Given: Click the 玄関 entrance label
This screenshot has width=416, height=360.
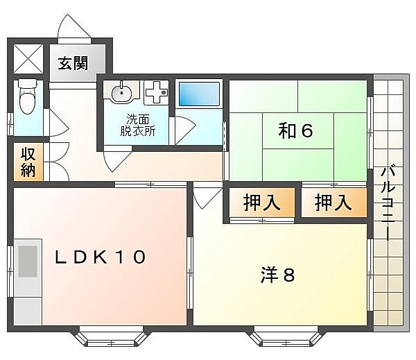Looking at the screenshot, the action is pyautogui.click(x=73, y=63).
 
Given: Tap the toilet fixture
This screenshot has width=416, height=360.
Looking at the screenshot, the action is pyautogui.click(x=27, y=96).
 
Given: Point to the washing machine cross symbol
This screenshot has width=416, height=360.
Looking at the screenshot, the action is pyautogui.click(x=156, y=93).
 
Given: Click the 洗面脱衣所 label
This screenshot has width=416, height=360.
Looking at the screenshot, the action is pyautogui.click(x=138, y=125).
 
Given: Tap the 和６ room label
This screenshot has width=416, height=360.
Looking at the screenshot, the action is pyautogui.click(x=295, y=130).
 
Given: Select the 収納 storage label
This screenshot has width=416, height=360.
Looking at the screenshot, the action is pyautogui.click(x=28, y=162).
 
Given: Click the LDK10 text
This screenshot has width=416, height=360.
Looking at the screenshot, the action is pyautogui.click(x=101, y=257).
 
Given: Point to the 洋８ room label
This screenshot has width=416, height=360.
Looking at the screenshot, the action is pyautogui.click(x=277, y=275).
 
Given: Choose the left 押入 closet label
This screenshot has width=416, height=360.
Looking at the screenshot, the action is pyautogui.click(x=261, y=203).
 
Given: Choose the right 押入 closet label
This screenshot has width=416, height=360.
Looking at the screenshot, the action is pyautogui.click(x=333, y=203).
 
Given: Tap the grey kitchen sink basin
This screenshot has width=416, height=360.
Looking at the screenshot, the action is pyautogui.click(x=28, y=262).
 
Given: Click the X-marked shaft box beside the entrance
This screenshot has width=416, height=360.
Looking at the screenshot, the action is pyautogui.click(x=28, y=59).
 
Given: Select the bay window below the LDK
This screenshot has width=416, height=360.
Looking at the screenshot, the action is pyautogui.click(x=112, y=336).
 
